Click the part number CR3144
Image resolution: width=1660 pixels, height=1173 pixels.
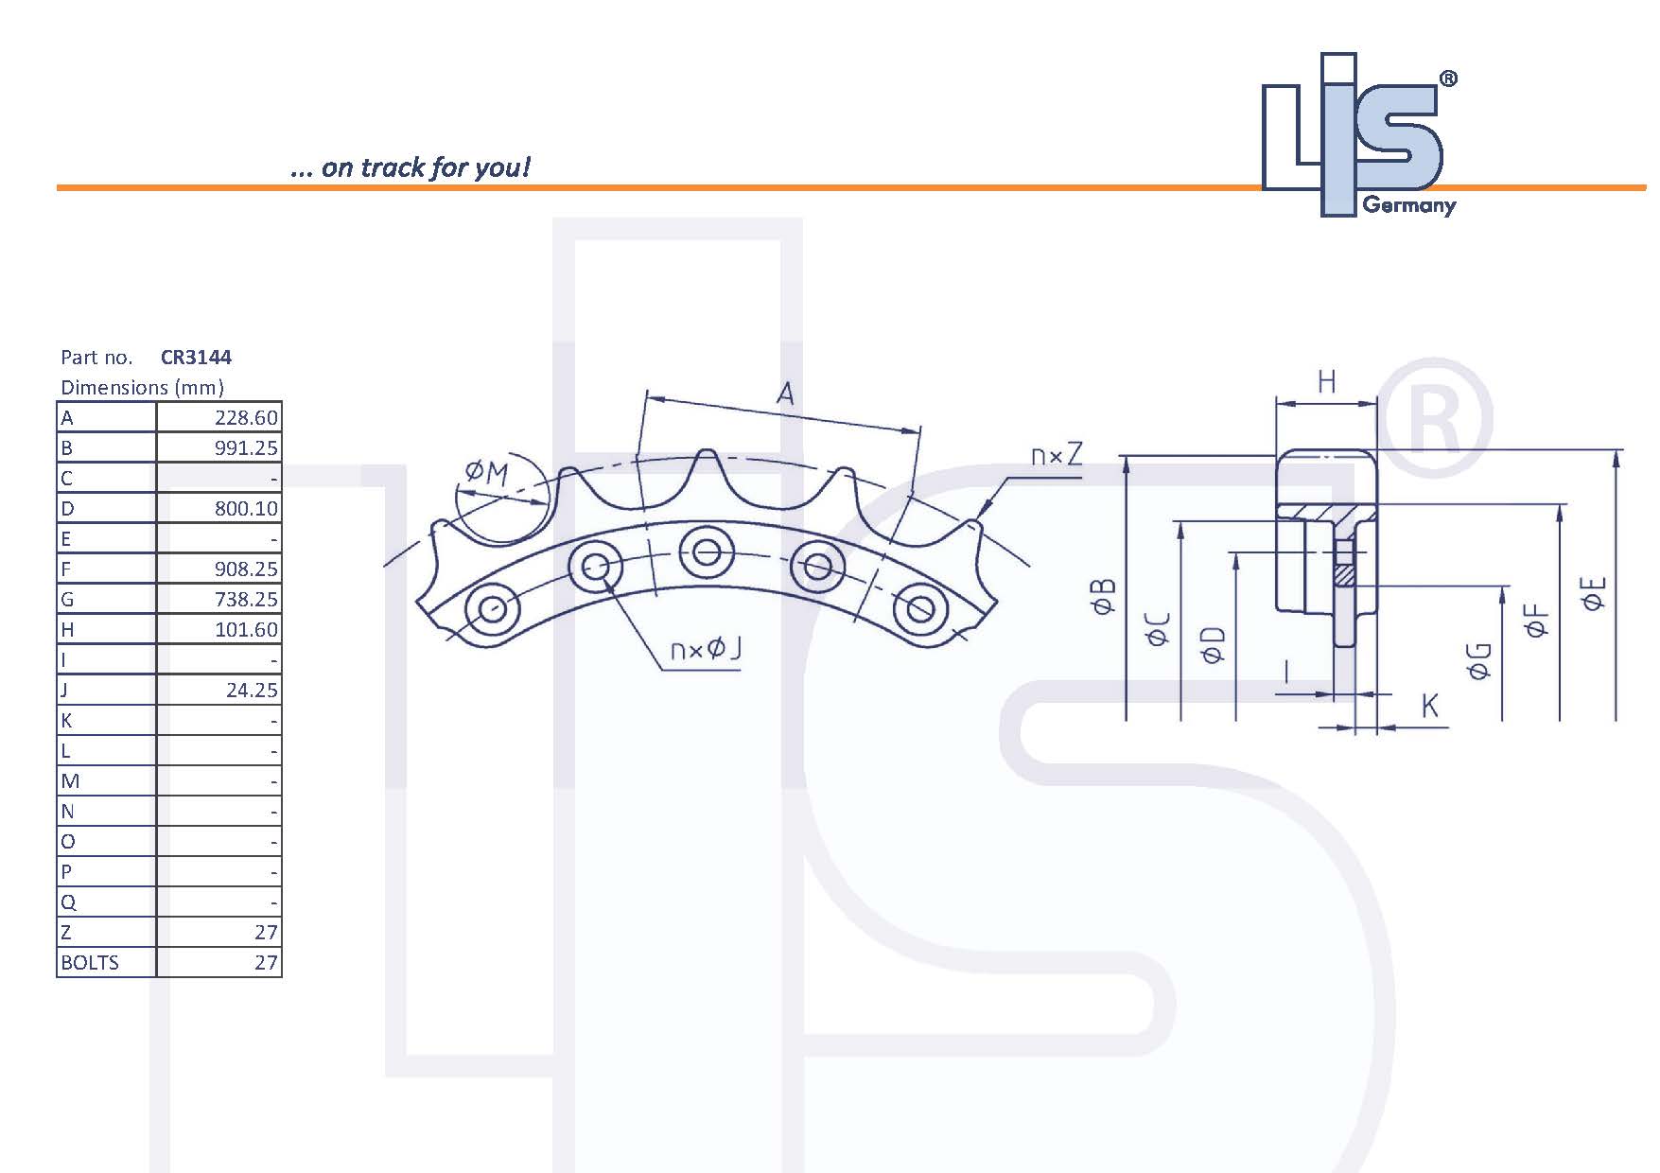pyautogui.click(x=196, y=358)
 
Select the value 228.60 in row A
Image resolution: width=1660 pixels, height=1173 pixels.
pyautogui.click(x=246, y=418)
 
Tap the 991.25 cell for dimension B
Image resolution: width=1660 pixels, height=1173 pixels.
pyautogui.click(x=246, y=448)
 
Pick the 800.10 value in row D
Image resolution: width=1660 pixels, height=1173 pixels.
pyautogui.click(x=246, y=509)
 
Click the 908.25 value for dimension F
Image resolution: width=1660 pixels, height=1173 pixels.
pyautogui.click(x=246, y=569)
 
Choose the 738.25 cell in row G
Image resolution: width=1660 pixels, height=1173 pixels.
pyautogui.click(x=246, y=600)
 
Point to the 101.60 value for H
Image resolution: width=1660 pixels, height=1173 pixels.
pyautogui.click(x=246, y=630)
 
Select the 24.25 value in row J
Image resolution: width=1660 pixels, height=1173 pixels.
pyautogui.click(x=252, y=691)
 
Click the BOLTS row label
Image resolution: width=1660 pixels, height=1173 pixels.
pyautogui.click(x=90, y=963)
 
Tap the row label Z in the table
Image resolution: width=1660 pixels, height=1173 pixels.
pyautogui.click(x=66, y=933)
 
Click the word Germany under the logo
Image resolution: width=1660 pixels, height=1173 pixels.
pyautogui.click(x=1408, y=205)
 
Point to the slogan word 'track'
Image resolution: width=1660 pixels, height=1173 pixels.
pyautogui.click(x=393, y=168)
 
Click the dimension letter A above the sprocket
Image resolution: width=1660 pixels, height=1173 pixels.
pyautogui.click(x=785, y=393)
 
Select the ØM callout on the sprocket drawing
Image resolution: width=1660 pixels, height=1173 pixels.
pyautogui.click(x=487, y=471)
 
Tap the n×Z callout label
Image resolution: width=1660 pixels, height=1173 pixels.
pyautogui.click(x=1057, y=456)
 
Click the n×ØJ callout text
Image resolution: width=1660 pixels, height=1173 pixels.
pyautogui.click(x=706, y=649)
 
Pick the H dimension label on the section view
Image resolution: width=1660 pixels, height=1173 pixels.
pyautogui.click(x=1326, y=382)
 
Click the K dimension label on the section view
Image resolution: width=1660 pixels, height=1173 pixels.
pyautogui.click(x=1430, y=705)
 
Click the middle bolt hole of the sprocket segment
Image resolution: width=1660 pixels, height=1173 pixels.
pyautogui.click(x=706, y=550)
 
